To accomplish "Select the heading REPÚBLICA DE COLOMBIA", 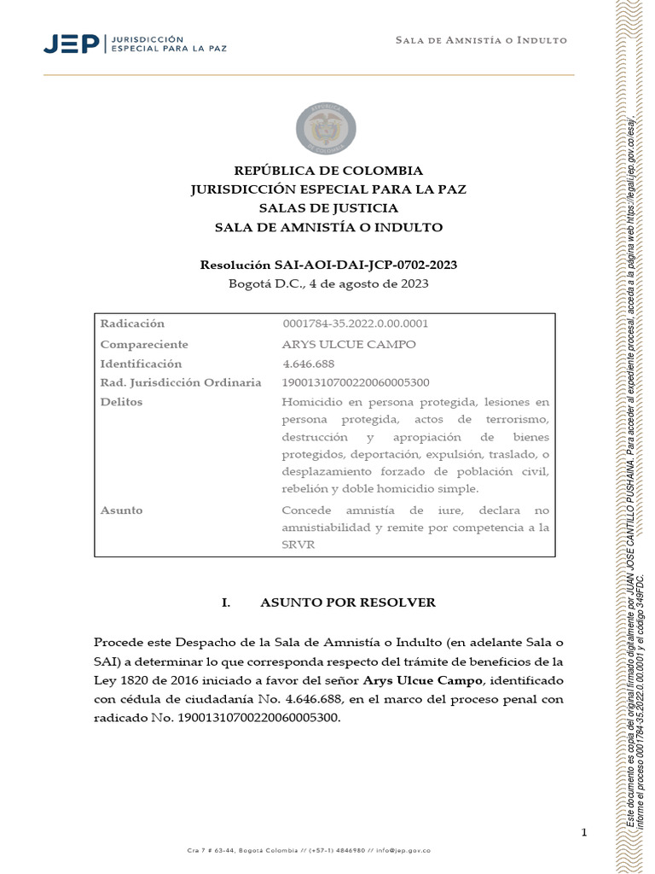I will pyautogui.click(x=328, y=171).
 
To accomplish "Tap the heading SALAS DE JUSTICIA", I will pyautogui.click(x=328, y=208).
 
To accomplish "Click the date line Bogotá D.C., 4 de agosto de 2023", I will pyautogui.click(x=328, y=283).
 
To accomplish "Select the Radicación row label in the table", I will pyautogui.click(x=132, y=324).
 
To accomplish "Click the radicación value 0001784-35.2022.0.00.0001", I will pyautogui.click(x=355, y=324).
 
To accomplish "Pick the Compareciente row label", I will pyautogui.click(x=144, y=344).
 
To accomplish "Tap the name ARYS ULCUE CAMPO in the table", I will pyautogui.click(x=348, y=344).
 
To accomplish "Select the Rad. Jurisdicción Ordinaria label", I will pyautogui.click(x=181, y=382).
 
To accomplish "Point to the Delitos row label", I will pyautogui.click(x=121, y=402).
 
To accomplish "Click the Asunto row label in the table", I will pyautogui.click(x=121, y=510).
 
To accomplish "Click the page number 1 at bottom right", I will pyautogui.click(x=584, y=832).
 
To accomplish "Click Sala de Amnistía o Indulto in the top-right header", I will pyautogui.click(x=481, y=41).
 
